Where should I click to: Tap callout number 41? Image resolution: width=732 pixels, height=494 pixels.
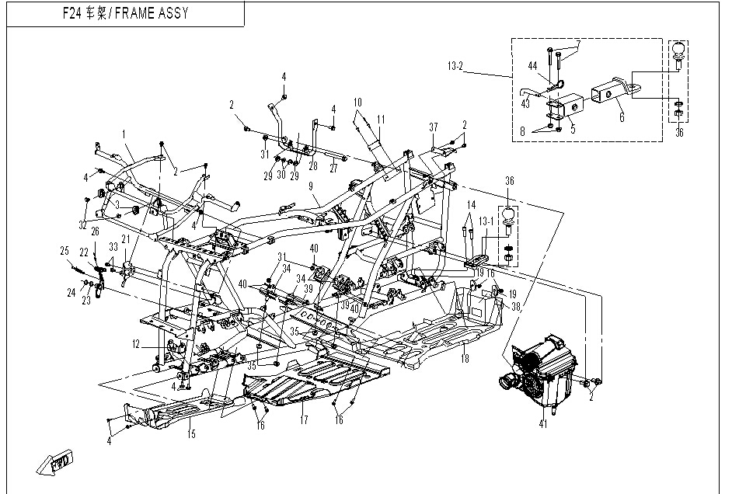(x=543, y=424)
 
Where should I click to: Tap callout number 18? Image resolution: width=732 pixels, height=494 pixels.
(x=465, y=359)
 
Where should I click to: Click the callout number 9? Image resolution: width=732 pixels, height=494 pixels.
(x=310, y=186)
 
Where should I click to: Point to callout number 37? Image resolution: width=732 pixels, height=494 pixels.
(x=434, y=127)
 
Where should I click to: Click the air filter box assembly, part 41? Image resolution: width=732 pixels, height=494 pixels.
(x=542, y=371)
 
